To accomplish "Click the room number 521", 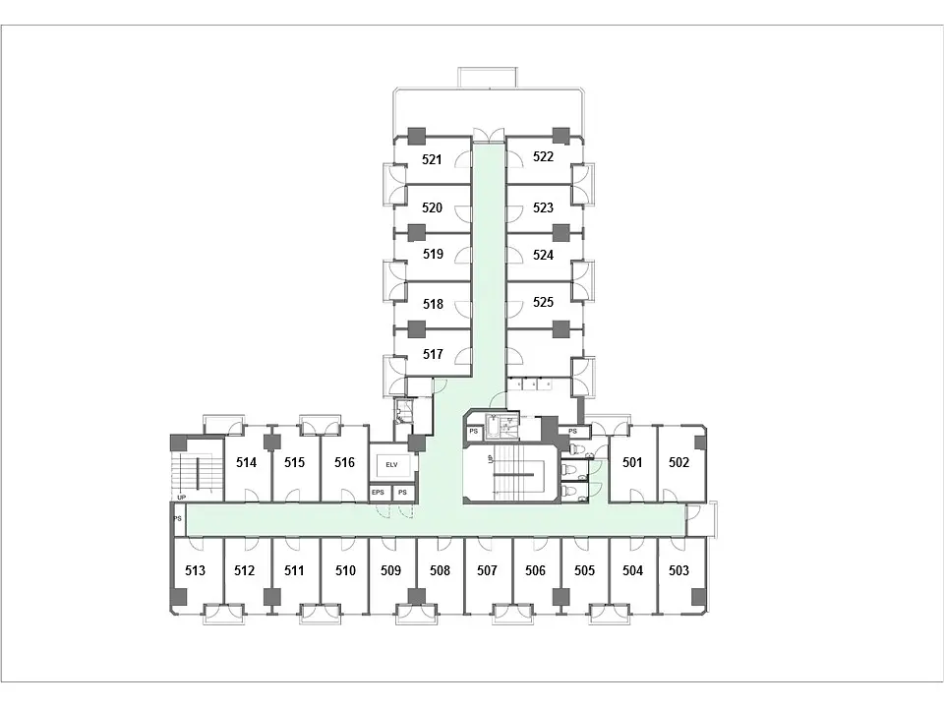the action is click(x=432, y=159).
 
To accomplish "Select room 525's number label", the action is click(x=543, y=302).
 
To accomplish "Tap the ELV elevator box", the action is click(x=392, y=464).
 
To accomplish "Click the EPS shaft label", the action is click(x=378, y=493).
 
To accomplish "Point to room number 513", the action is click(x=195, y=570).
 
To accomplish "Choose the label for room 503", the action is click(x=678, y=570).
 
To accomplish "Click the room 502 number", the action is click(x=678, y=462).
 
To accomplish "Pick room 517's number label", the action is click(x=433, y=354).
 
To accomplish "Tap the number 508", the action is click(x=440, y=570).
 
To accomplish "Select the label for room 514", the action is click(x=246, y=462).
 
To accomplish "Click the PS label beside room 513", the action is click(x=178, y=518).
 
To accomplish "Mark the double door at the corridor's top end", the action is click(x=489, y=135).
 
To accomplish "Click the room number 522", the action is click(x=543, y=156).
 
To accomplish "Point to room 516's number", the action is click(x=344, y=462).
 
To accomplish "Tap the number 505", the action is click(x=584, y=570).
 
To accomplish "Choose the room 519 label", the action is click(x=433, y=254).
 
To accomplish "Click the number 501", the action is click(x=632, y=462).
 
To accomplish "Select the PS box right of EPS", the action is click(x=403, y=493).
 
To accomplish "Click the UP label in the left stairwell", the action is click(x=181, y=498).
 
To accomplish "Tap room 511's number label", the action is click(x=294, y=570).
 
